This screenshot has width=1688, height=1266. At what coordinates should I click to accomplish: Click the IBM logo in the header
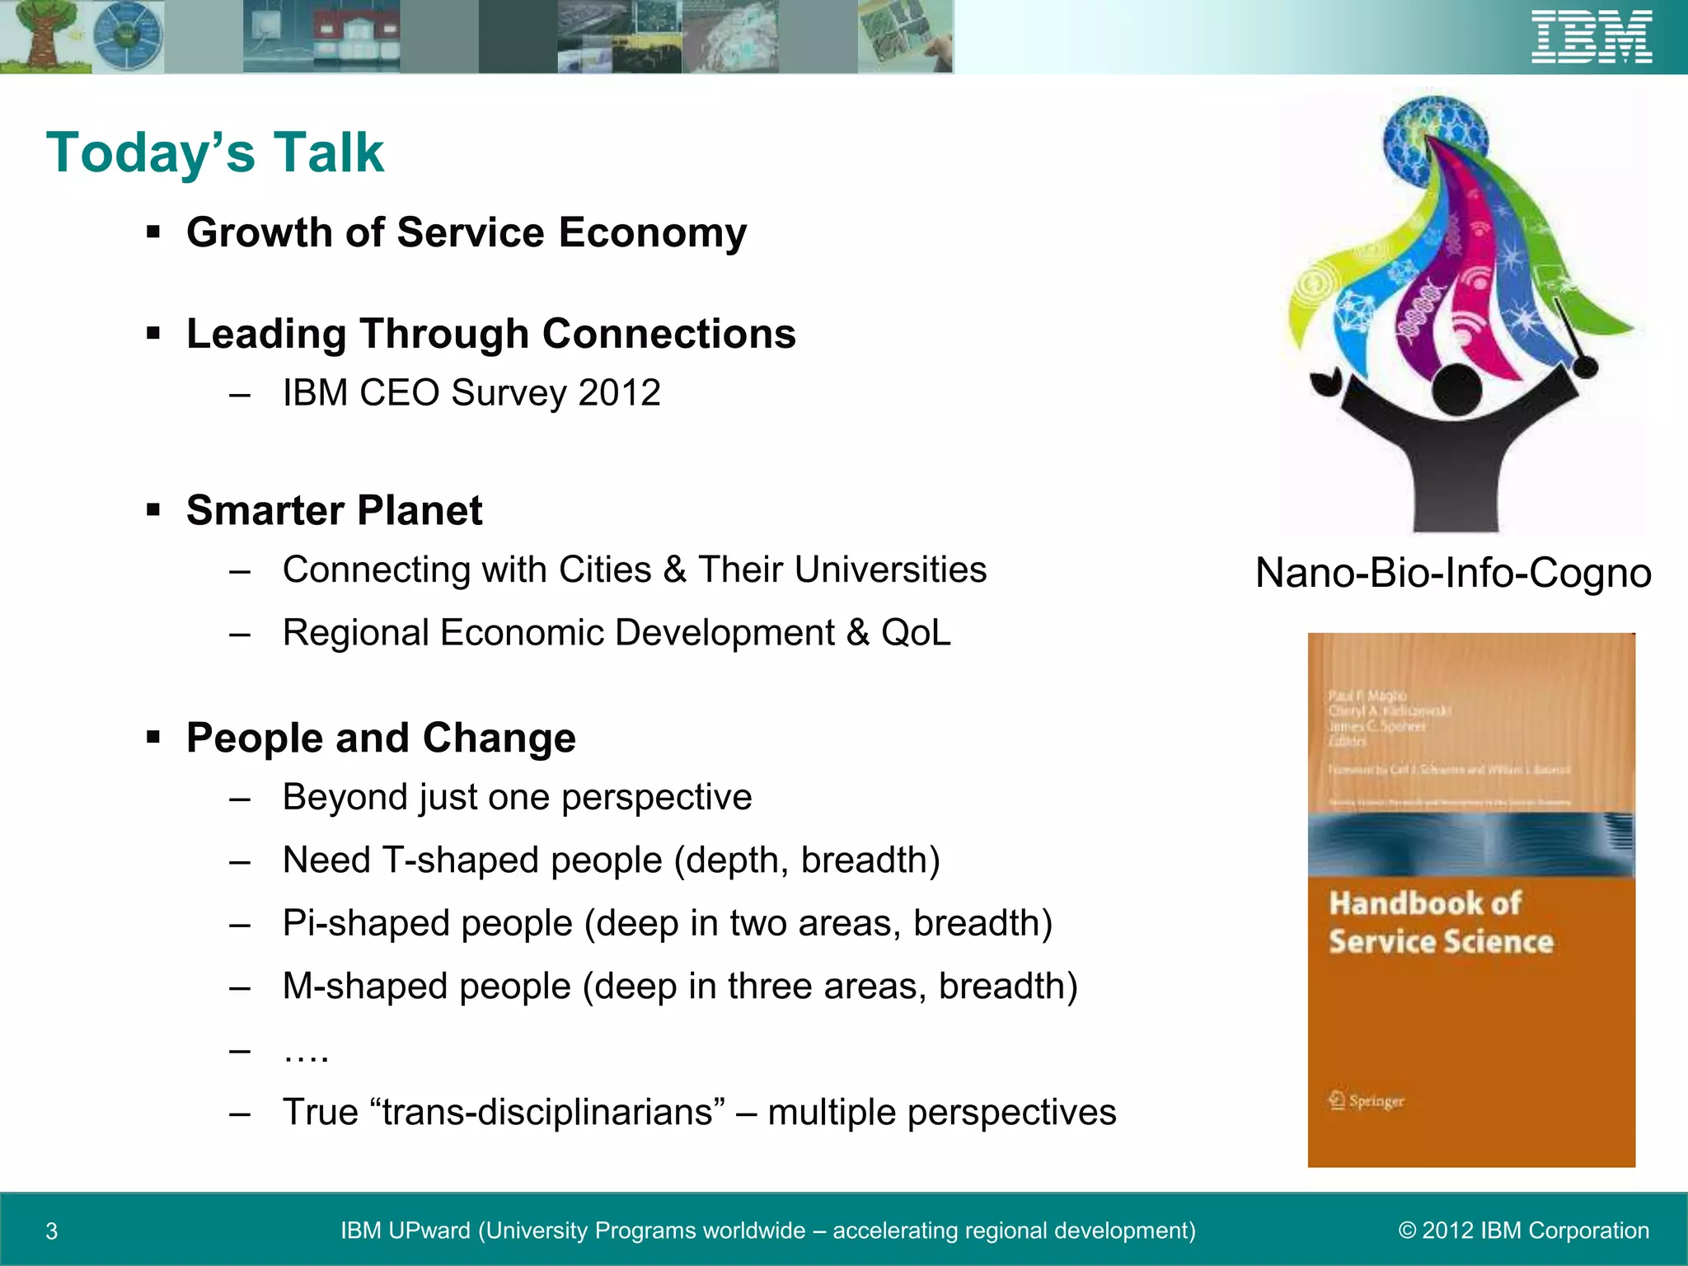(1592, 37)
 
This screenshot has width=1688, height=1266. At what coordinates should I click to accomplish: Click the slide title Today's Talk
(215, 152)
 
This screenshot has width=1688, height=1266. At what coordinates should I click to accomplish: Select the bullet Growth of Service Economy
(467, 232)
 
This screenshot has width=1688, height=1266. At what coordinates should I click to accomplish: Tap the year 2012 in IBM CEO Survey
(620, 392)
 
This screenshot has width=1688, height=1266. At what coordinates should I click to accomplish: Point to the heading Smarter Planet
(334, 510)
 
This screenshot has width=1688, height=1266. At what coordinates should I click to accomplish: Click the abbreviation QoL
(916, 633)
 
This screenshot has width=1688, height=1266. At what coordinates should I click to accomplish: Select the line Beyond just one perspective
(517, 797)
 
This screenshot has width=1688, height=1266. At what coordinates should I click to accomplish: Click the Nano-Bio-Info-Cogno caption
(1452, 573)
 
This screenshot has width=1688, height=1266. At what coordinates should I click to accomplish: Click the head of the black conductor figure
(1456, 390)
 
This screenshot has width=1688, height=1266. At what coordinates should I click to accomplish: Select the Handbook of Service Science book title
(1440, 922)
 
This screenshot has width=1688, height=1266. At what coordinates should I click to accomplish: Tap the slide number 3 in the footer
(52, 1231)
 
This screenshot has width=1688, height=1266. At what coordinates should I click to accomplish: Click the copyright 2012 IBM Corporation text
(1523, 1231)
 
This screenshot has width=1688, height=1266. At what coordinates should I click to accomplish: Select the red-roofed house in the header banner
(354, 37)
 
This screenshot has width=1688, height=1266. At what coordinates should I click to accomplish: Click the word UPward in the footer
(429, 1231)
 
